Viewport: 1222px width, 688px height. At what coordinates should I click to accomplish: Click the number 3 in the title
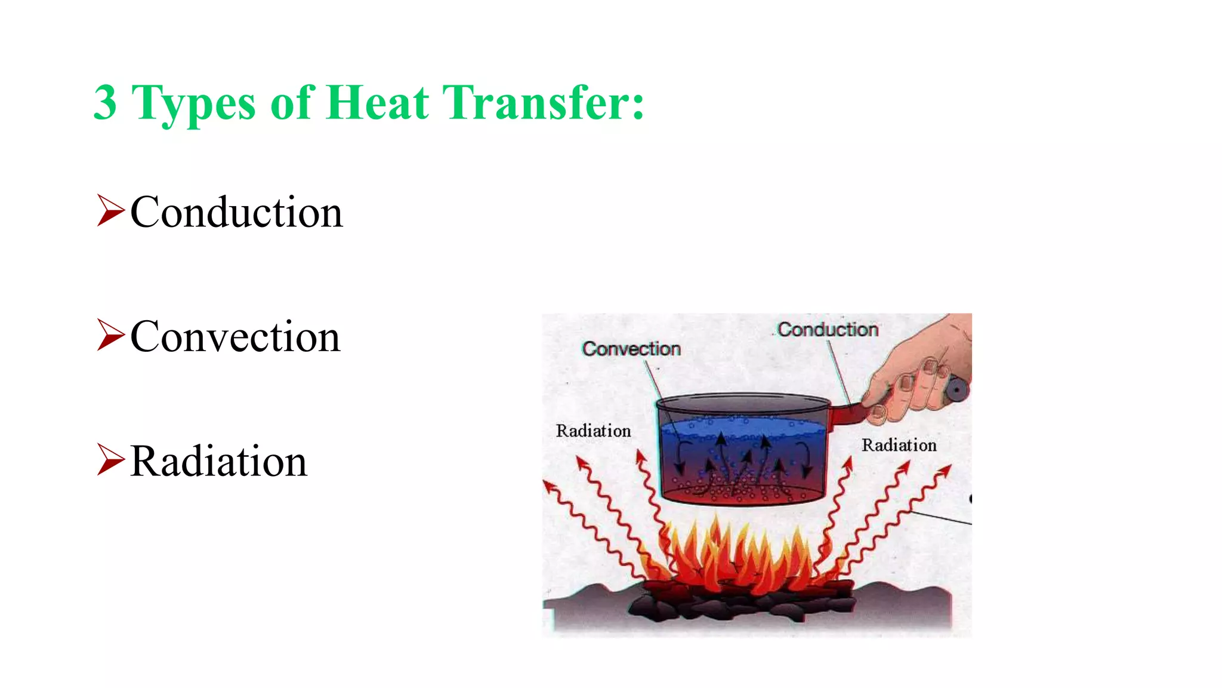105,103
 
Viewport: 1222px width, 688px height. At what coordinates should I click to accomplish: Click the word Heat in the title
377,103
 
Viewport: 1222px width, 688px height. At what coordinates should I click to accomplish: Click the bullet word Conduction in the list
236,213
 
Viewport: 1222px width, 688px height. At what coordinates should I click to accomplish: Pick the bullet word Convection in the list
235,337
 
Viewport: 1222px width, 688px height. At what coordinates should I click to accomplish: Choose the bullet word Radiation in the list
218,461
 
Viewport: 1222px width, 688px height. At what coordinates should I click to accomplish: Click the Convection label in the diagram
631,349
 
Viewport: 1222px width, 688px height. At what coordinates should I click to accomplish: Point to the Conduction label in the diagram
828,330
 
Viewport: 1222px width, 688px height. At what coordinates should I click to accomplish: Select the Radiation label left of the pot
593,431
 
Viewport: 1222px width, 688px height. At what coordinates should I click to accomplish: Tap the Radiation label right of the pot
899,445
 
